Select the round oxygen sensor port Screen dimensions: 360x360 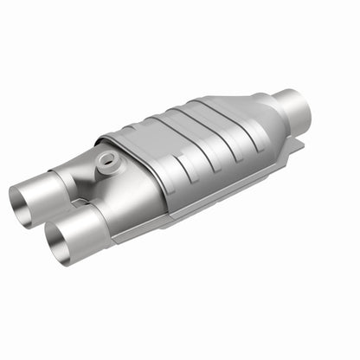(x=107, y=159)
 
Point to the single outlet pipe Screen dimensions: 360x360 (x=290, y=107)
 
